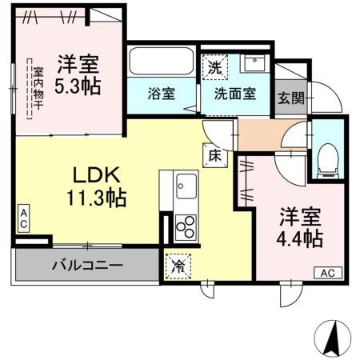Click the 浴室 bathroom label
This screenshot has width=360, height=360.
pyautogui.click(x=161, y=93)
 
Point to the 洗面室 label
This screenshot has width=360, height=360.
pyautogui.click(x=234, y=93)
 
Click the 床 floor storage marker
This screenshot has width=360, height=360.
pyautogui.click(x=215, y=155)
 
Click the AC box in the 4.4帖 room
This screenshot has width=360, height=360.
pyautogui.click(x=326, y=273)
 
